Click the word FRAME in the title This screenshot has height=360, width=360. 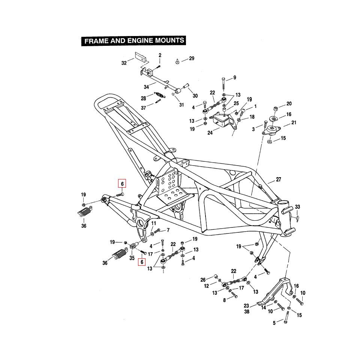coord(96,41)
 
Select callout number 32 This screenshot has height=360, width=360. coord(124,63)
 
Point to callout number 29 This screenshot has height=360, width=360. coord(191,59)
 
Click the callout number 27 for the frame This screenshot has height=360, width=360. coord(278,180)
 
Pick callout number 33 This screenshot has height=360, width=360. coord(297,207)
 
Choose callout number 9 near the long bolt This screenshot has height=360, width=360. coord(235,78)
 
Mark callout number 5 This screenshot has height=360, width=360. coord(274,323)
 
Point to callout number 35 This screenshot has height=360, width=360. coord(132,258)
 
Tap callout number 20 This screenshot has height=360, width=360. coord(289,104)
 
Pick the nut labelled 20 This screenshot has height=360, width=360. coord(274,109)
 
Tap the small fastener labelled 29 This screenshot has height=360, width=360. coord(177,61)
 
